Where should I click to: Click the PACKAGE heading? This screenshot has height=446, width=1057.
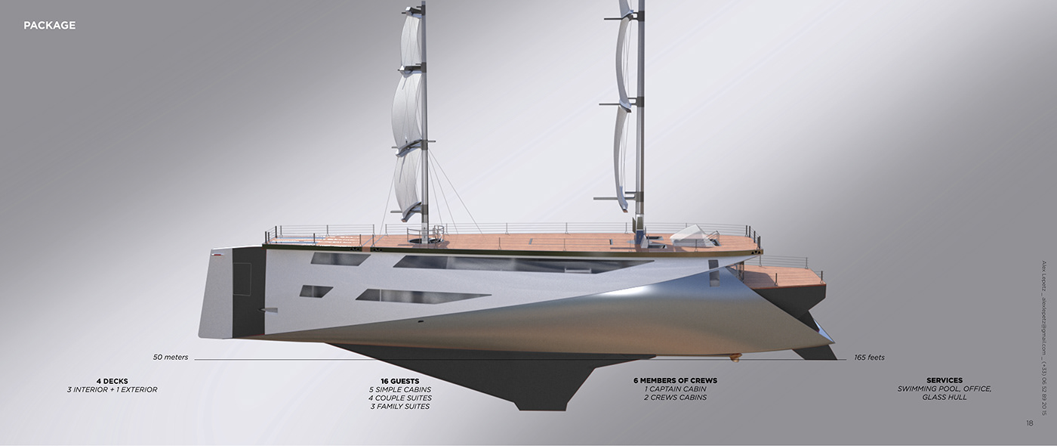click(x=49, y=26)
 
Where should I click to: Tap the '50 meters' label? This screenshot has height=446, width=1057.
click(x=170, y=357)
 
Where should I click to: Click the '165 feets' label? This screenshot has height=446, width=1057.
click(x=869, y=357)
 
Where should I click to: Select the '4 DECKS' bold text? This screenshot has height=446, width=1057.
click(x=112, y=380)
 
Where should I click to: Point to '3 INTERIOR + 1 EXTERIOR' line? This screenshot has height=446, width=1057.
click(x=112, y=389)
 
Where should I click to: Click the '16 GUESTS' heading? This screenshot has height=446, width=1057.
click(x=399, y=380)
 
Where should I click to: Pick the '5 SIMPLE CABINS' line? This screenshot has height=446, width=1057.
click(x=399, y=389)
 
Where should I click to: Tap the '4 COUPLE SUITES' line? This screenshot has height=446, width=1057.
click(x=399, y=398)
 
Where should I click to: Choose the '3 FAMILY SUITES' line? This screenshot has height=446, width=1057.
click(x=399, y=407)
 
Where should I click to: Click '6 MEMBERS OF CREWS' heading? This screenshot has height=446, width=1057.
click(x=675, y=380)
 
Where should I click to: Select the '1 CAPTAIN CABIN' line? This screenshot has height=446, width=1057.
click(x=675, y=389)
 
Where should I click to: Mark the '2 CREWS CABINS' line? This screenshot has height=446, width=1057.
click(x=675, y=398)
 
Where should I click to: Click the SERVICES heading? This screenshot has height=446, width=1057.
click(x=944, y=380)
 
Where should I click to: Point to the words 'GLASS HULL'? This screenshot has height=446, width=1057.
click(x=944, y=398)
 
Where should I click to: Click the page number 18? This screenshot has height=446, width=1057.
click(x=1029, y=423)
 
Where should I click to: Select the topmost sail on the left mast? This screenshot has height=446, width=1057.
click(x=409, y=42)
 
